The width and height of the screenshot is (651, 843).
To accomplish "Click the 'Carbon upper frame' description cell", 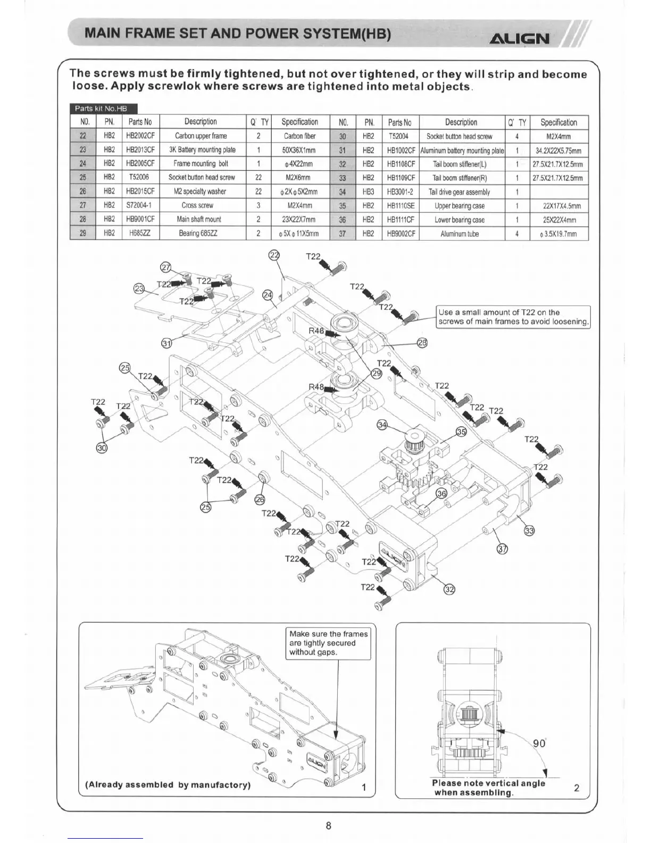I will (201, 136).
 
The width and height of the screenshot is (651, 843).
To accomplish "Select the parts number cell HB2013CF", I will (140, 150).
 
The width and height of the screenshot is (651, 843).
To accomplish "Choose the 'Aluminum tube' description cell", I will (461, 234).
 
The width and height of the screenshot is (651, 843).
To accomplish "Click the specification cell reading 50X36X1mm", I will (299, 150).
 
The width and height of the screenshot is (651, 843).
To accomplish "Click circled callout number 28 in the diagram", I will (422, 343).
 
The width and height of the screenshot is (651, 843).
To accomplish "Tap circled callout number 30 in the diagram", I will (102, 448).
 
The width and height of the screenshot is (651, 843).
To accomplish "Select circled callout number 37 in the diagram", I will (502, 549).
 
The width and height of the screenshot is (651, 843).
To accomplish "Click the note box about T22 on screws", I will (513, 317).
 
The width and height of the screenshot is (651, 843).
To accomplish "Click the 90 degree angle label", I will (539, 743).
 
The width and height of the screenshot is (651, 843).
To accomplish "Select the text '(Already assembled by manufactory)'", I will (168, 784).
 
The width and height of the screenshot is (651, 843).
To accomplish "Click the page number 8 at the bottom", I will (328, 825).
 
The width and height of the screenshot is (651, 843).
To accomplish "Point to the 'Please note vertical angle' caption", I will (488, 788).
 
